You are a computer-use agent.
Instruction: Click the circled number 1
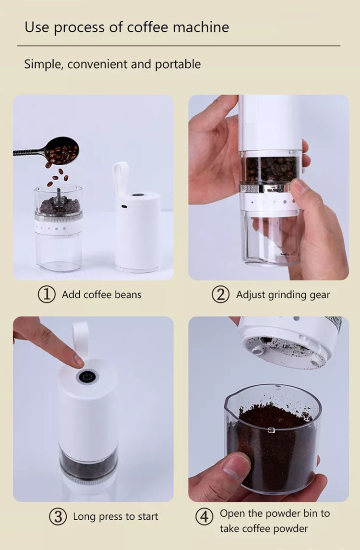click(x=47, y=294)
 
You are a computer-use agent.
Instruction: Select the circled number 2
click(x=220, y=294)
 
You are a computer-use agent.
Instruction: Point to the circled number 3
click(x=58, y=516)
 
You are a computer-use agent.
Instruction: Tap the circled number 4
click(x=204, y=516)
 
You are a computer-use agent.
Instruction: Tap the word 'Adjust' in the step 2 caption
click(x=250, y=295)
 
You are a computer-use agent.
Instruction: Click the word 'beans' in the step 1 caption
click(x=128, y=294)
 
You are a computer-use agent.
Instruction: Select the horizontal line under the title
click(x=179, y=46)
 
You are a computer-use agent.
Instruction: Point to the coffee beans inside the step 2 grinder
click(x=271, y=169)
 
